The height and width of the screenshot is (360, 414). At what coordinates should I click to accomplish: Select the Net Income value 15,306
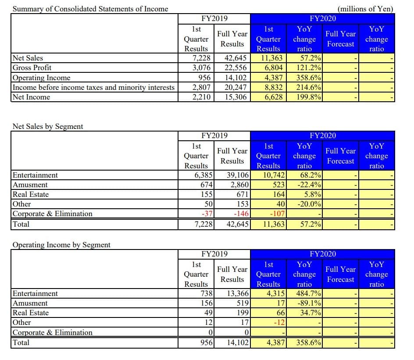pos(233,97)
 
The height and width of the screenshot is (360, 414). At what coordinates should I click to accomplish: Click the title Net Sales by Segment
pos(48,126)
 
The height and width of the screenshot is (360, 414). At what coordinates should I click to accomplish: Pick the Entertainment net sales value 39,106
pos(233,175)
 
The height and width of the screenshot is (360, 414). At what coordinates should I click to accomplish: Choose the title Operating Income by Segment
pos(61,245)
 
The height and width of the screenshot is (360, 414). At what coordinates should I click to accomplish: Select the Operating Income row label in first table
pos(41,78)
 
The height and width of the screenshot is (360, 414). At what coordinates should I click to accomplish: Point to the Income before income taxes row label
pos(93,87)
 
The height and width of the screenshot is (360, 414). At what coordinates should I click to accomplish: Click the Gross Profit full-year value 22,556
pos(233,68)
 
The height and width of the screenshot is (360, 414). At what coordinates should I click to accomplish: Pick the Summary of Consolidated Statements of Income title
pos(90,9)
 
